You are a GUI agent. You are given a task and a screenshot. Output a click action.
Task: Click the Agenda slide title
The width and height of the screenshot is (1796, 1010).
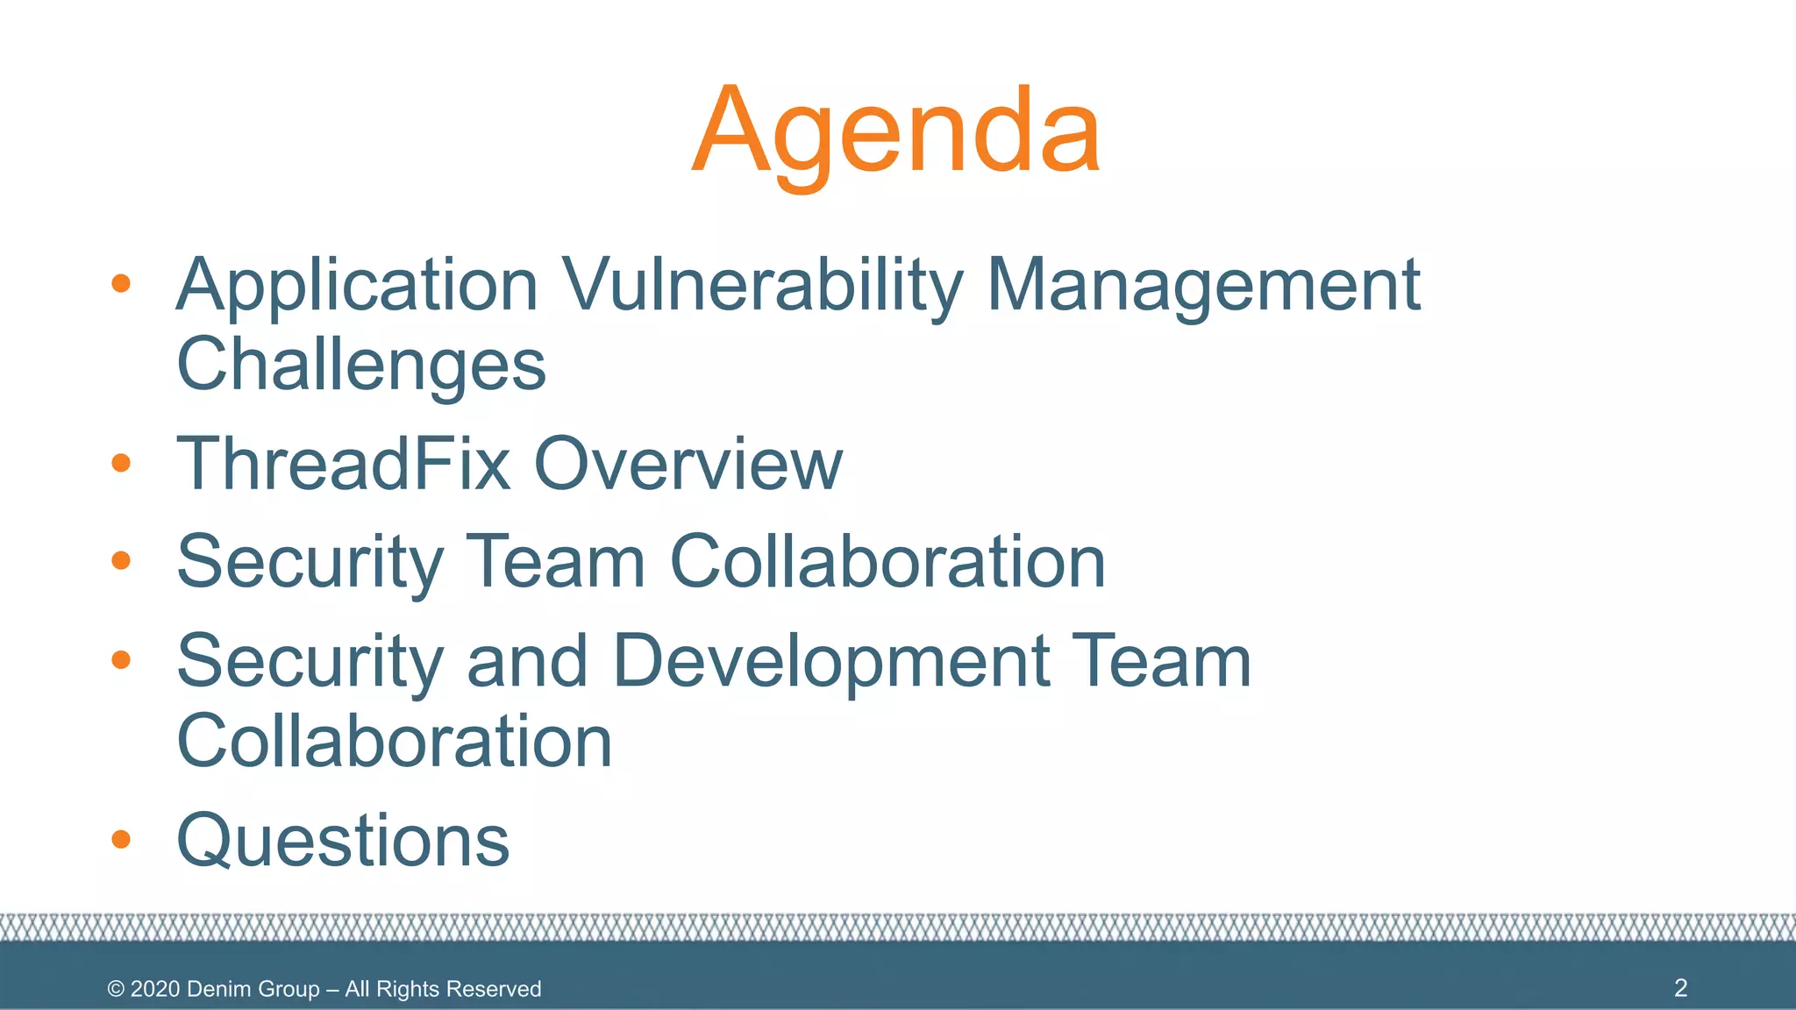click(895, 132)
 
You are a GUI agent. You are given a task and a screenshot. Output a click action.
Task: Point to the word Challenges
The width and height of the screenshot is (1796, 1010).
click(361, 365)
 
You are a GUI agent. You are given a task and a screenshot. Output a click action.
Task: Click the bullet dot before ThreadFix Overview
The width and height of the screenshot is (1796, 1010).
click(121, 463)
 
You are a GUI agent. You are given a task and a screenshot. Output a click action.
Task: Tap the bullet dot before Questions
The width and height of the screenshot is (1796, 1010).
click(121, 840)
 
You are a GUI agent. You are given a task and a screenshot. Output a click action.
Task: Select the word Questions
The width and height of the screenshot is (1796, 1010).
click(343, 840)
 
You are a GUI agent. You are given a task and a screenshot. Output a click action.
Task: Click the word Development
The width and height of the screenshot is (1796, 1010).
click(830, 661)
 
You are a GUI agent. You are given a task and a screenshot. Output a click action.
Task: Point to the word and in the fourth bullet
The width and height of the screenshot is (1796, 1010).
click(526, 661)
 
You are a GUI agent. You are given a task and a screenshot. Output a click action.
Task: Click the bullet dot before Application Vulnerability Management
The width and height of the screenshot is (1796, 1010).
click(121, 283)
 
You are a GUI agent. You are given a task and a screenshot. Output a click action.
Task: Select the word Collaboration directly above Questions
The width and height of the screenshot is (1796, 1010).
click(394, 742)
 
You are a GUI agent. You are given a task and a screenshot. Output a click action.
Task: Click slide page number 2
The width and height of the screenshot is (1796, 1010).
click(1680, 988)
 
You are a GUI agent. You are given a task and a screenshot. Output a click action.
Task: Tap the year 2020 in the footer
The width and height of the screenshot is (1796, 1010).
click(155, 989)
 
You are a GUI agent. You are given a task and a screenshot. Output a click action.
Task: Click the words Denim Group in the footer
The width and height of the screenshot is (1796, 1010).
click(253, 989)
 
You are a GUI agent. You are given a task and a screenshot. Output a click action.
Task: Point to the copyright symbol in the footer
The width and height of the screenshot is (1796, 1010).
click(116, 989)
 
